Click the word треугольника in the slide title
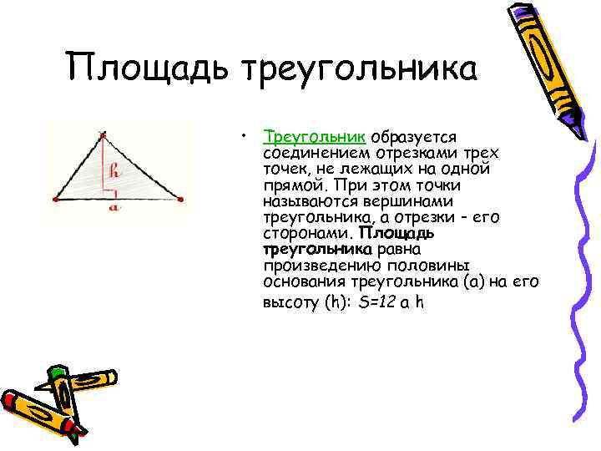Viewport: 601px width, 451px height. [x=359, y=68]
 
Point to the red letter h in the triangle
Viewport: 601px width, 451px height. [x=115, y=173]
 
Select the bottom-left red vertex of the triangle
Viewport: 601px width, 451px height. [x=54, y=199]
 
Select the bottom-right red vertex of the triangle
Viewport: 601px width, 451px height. [x=180, y=199]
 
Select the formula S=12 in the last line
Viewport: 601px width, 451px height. [x=376, y=303]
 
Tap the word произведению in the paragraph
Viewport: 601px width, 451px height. [x=312, y=265]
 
